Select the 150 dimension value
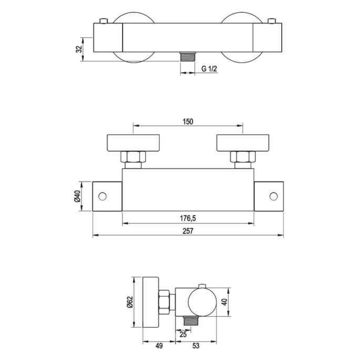pyautogui.click(x=188, y=121)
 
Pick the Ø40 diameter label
pyautogui.click(x=77, y=197)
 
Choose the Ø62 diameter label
pyautogui.click(x=129, y=302)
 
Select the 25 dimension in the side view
pyautogui.click(x=182, y=333)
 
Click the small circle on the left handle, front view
pyautogui.click(x=103, y=197)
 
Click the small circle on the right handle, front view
pyautogui.click(x=273, y=197)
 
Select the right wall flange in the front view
pyautogui.click(x=242, y=142)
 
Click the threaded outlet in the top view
pyautogui.click(x=187, y=57)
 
